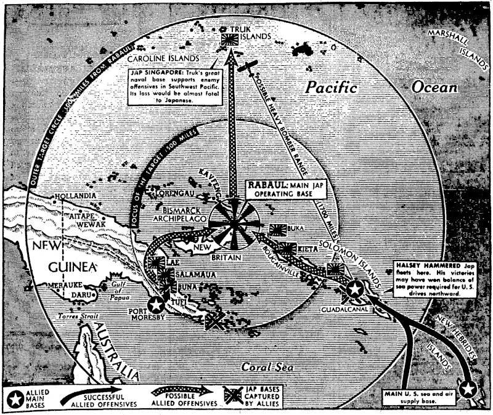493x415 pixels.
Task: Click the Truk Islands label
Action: click(x=246, y=33)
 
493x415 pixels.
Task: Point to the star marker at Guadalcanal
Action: click(x=354, y=289)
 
